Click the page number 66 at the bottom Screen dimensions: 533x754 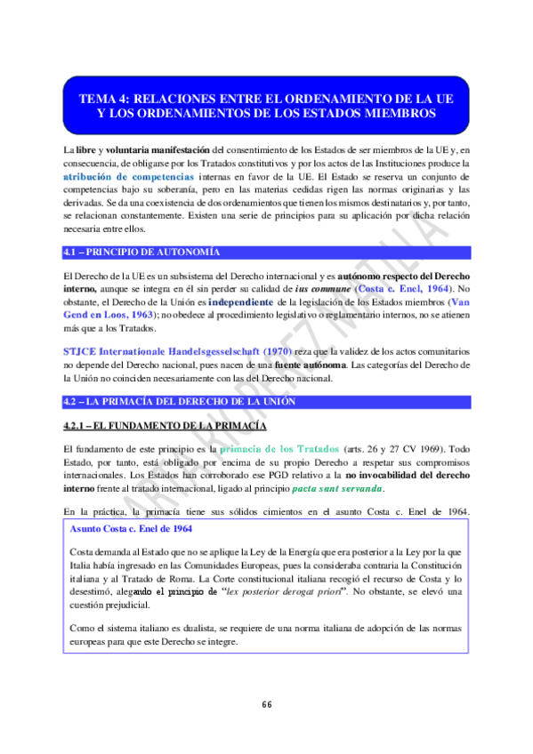(x=266, y=705)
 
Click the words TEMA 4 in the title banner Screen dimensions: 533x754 (x=105, y=100)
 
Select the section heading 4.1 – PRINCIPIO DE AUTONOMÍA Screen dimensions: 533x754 (x=141, y=253)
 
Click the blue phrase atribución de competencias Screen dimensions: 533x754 (x=128, y=177)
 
